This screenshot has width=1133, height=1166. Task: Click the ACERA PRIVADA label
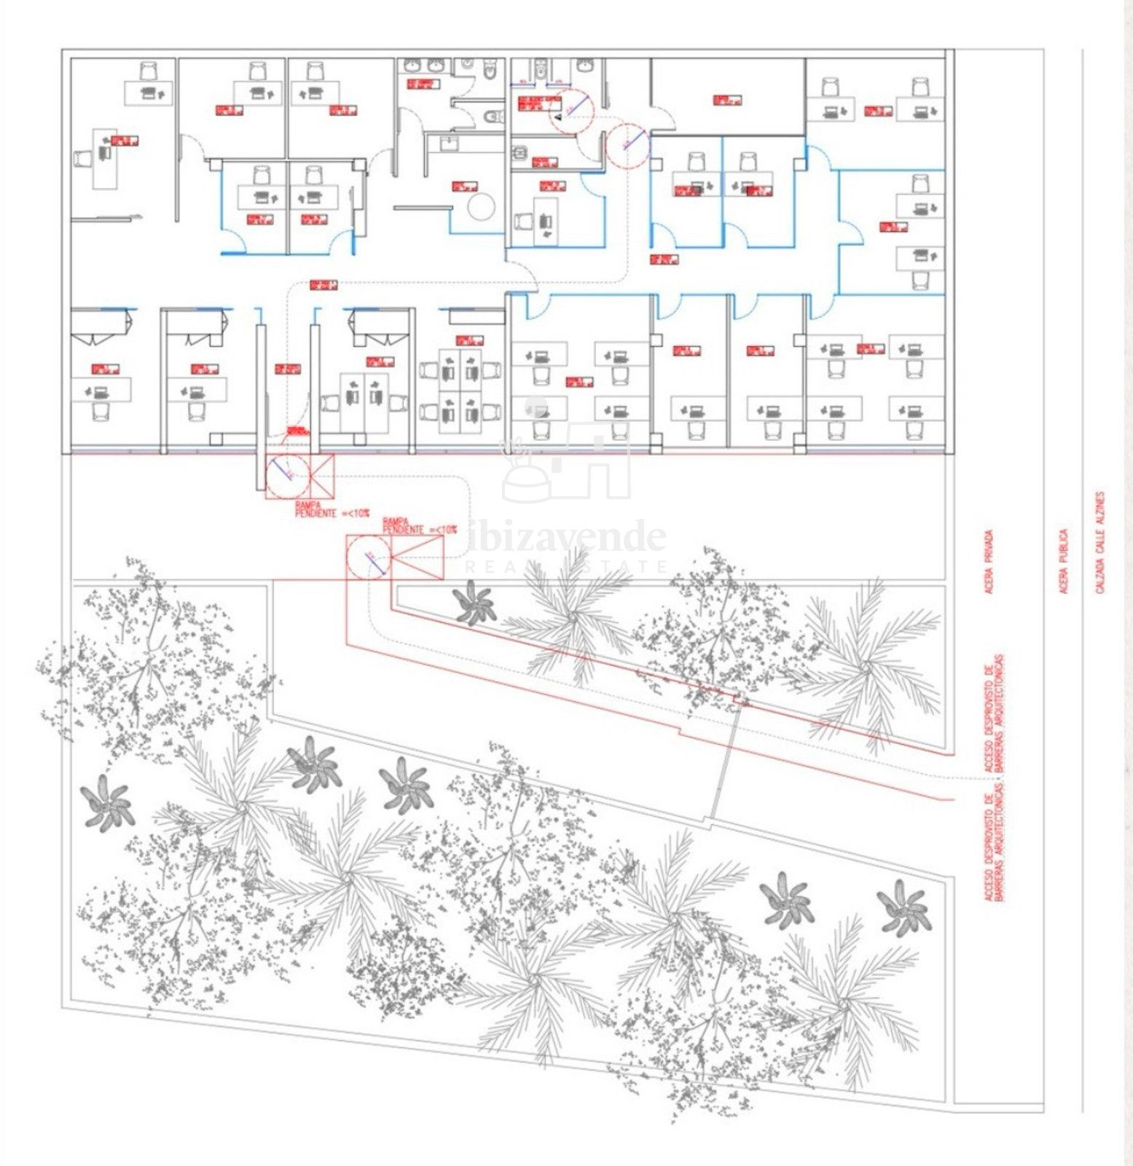click(989, 561)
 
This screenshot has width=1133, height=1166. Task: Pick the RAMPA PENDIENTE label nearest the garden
click(420, 526)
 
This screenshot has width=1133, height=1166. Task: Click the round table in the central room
click(481, 207)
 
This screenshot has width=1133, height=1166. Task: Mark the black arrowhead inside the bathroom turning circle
click(557, 115)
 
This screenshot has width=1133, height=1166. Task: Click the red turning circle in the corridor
click(628, 144)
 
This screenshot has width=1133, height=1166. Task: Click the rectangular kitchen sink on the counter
click(447, 144)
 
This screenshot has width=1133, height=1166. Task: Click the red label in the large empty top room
click(726, 100)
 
